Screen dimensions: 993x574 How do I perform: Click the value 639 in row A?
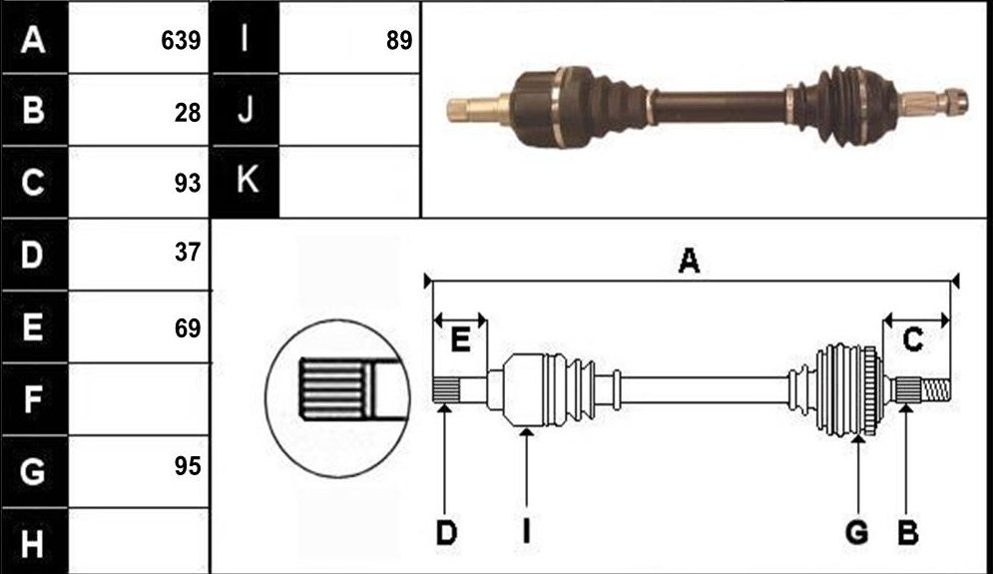pyautogui.click(x=181, y=41)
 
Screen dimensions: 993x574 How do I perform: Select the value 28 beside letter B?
pyautogui.click(x=188, y=113)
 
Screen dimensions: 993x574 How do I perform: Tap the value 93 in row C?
pyautogui.click(x=188, y=183)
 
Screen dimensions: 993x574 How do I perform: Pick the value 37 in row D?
pyautogui.click(x=188, y=253)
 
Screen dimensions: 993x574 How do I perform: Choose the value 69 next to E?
pyautogui.click(x=188, y=328)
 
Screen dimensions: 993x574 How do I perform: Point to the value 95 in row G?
pyautogui.click(x=188, y=466)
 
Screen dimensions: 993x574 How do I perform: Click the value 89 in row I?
pyautogui.click(x=399, y=41)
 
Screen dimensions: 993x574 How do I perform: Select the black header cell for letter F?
pyautogui.click(x=34, y=399)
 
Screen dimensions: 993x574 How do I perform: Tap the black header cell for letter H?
pyautogui.click(x=34, y=542)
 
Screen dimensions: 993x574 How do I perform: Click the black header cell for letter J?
pyautogui.click(x=245, y=110)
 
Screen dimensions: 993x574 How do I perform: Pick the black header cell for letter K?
pyautogui.click(x=245, y=182)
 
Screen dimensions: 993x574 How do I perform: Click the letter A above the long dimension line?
pyautogui.click(x=689, y=261)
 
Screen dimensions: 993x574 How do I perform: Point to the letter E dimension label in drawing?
pyautogui.click(x=460, y=340)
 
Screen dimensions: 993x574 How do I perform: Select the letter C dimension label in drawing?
pyautogui.click(x=912, y=340)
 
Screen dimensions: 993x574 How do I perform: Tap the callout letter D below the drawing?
pyautogui.click(x=446, y=533)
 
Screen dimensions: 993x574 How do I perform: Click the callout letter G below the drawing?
pyautogui.click(x=857, y=533)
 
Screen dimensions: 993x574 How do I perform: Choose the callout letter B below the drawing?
pyautogui.click(x=907, y=533)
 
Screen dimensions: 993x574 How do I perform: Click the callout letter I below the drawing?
pyautogui.click(x=526, y=533)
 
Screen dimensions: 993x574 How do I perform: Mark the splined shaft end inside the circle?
pyautogui.click(x=332, y=389)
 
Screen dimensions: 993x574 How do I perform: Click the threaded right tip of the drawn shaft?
pyautogui.click(x=936, y=390)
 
